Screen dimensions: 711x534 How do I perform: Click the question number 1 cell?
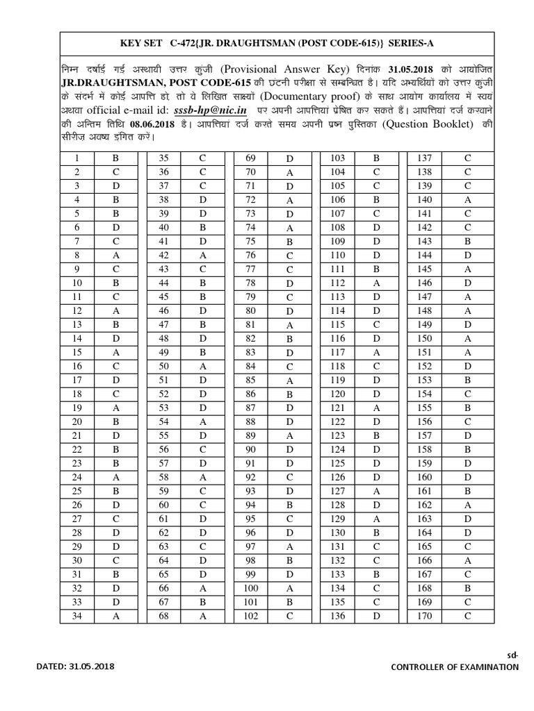click(x=77, y=158)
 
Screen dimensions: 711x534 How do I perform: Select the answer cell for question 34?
click(x=116, y=616)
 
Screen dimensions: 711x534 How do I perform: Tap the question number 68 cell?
click(x=163, y=616)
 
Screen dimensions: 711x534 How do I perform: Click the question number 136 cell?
click(x=337, y=616)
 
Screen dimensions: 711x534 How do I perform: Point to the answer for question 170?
click(x=467, y=616)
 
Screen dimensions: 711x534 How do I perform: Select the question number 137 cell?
click(x=424, y=158)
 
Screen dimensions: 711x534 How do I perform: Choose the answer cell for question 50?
click(x=202, y=365)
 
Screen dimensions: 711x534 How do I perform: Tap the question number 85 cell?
click(x=251, y=379)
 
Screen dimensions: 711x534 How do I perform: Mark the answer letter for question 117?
click(x=376, y=353)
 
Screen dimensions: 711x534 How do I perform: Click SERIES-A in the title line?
click(x=411, y=43)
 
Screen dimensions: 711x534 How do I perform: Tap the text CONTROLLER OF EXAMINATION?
click(x=455, y=667)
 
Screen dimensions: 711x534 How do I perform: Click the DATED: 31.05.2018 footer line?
click(x=75, y=667)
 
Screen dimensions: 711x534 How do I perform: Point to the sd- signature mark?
click(x=512, y=654)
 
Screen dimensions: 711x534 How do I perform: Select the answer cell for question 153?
click(x=467, y=379)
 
